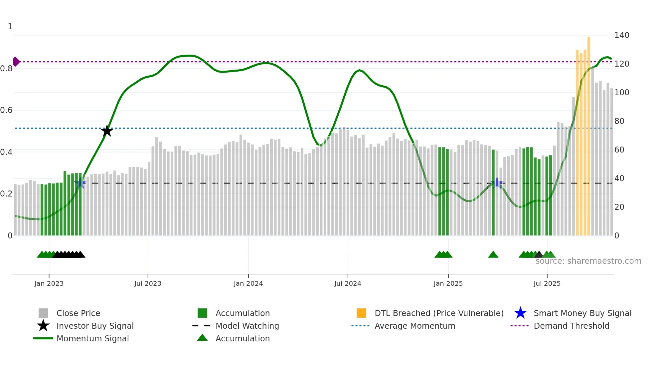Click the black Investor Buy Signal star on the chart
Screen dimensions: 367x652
pyautogui.click(x=107, y=131)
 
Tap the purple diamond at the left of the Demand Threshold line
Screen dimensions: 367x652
pyautogui.click(x=16, y=62)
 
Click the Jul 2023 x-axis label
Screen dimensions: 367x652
pyautogui.click(x=148, y=283)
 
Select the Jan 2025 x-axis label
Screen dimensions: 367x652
pyautogui.click(x=448, y=283)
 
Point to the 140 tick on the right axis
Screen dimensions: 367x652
pyautogui.click(x=621, y=35)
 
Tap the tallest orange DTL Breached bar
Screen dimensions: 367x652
pyautogui.click(x=589, y=133)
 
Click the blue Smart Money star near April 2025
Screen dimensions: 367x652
pyautogui.click(x=497, y=183)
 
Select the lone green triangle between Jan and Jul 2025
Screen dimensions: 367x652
pyautogui.click(x=493, y=255)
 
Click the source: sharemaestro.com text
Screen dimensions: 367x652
pyautogui.click(x=588, y=261)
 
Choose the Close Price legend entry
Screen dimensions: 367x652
pyautogui.click(x=78, y=313)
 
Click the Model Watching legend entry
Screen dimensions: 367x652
pyautogui.click(x=247, y=326)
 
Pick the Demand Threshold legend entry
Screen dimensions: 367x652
pyautogui.click(x=571, y=326)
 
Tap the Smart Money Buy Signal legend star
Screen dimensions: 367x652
pyautogui.click(x=520, y=313)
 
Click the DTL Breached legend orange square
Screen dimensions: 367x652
pyautogui.click(x=361, y=313)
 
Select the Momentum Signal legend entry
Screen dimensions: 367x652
pyautogui.click(x=92, y=338)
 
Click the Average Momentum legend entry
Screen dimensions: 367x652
pyautogui.click(x=414, y=326)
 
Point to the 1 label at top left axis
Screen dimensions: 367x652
pyautogui.click(x=10, y=27)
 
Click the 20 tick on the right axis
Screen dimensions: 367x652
pyautogui.click(x=619, y=207)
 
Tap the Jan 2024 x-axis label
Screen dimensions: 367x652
pyautogui.click(x=248, y=283)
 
